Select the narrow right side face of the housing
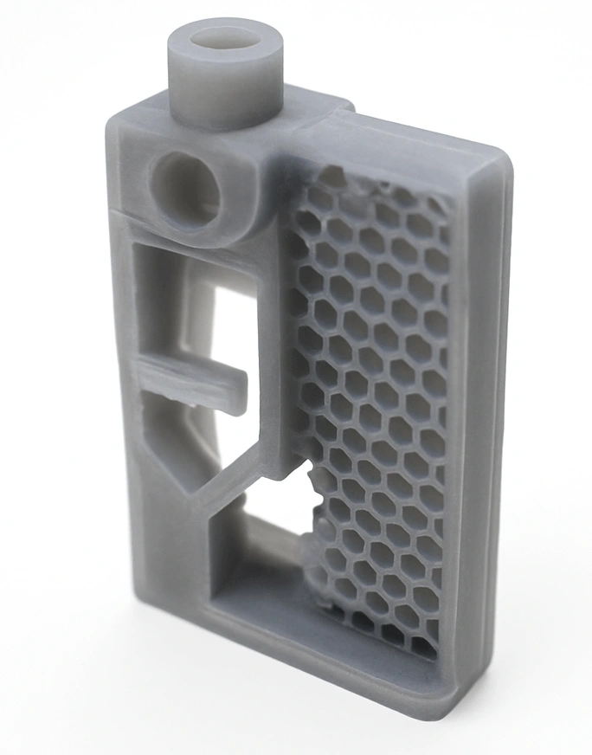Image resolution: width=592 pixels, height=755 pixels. [485, 433]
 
